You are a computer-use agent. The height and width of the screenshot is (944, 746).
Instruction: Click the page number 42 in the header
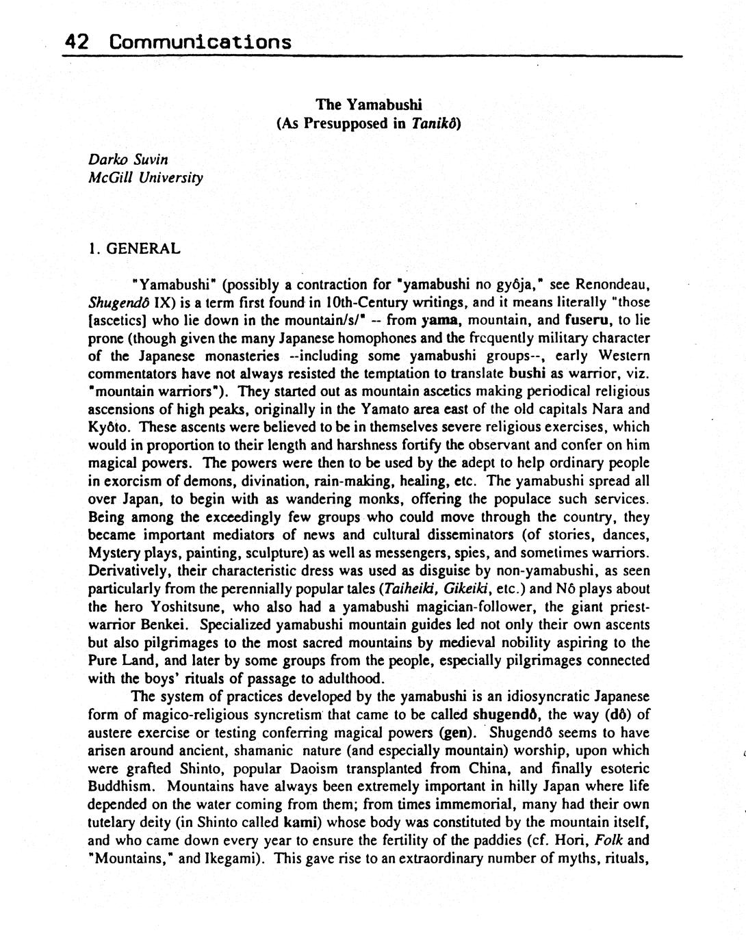[x=77, y=42]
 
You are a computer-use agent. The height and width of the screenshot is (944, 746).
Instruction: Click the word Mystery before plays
[x=114, y=553]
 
